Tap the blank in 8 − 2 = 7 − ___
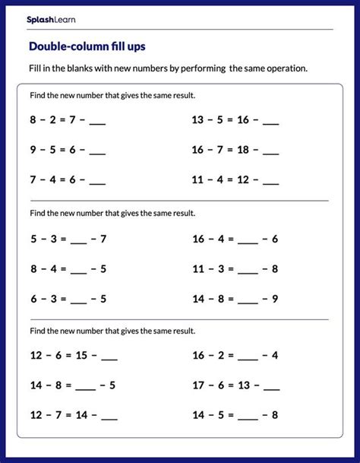coord(98,122)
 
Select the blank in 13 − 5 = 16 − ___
coord(271,122)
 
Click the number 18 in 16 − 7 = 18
coord(242,150)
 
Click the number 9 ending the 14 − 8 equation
coord(275,299)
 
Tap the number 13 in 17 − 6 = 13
coord(242,385)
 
